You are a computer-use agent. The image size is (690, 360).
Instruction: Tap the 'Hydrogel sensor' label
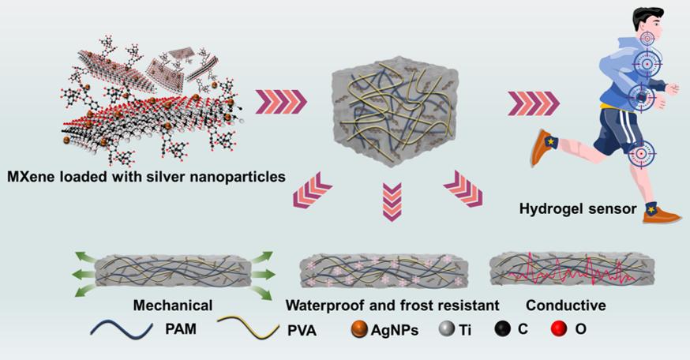pyautogui.click(x=574, y=209)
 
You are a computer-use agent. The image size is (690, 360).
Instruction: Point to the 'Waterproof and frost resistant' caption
pyautogui.click(x=381, y=304)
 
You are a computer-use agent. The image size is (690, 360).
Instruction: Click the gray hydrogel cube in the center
pyautogui.click(x=392, y=114)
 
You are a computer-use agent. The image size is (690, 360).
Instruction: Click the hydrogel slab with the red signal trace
pyautogui.click(x=565, y=271)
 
